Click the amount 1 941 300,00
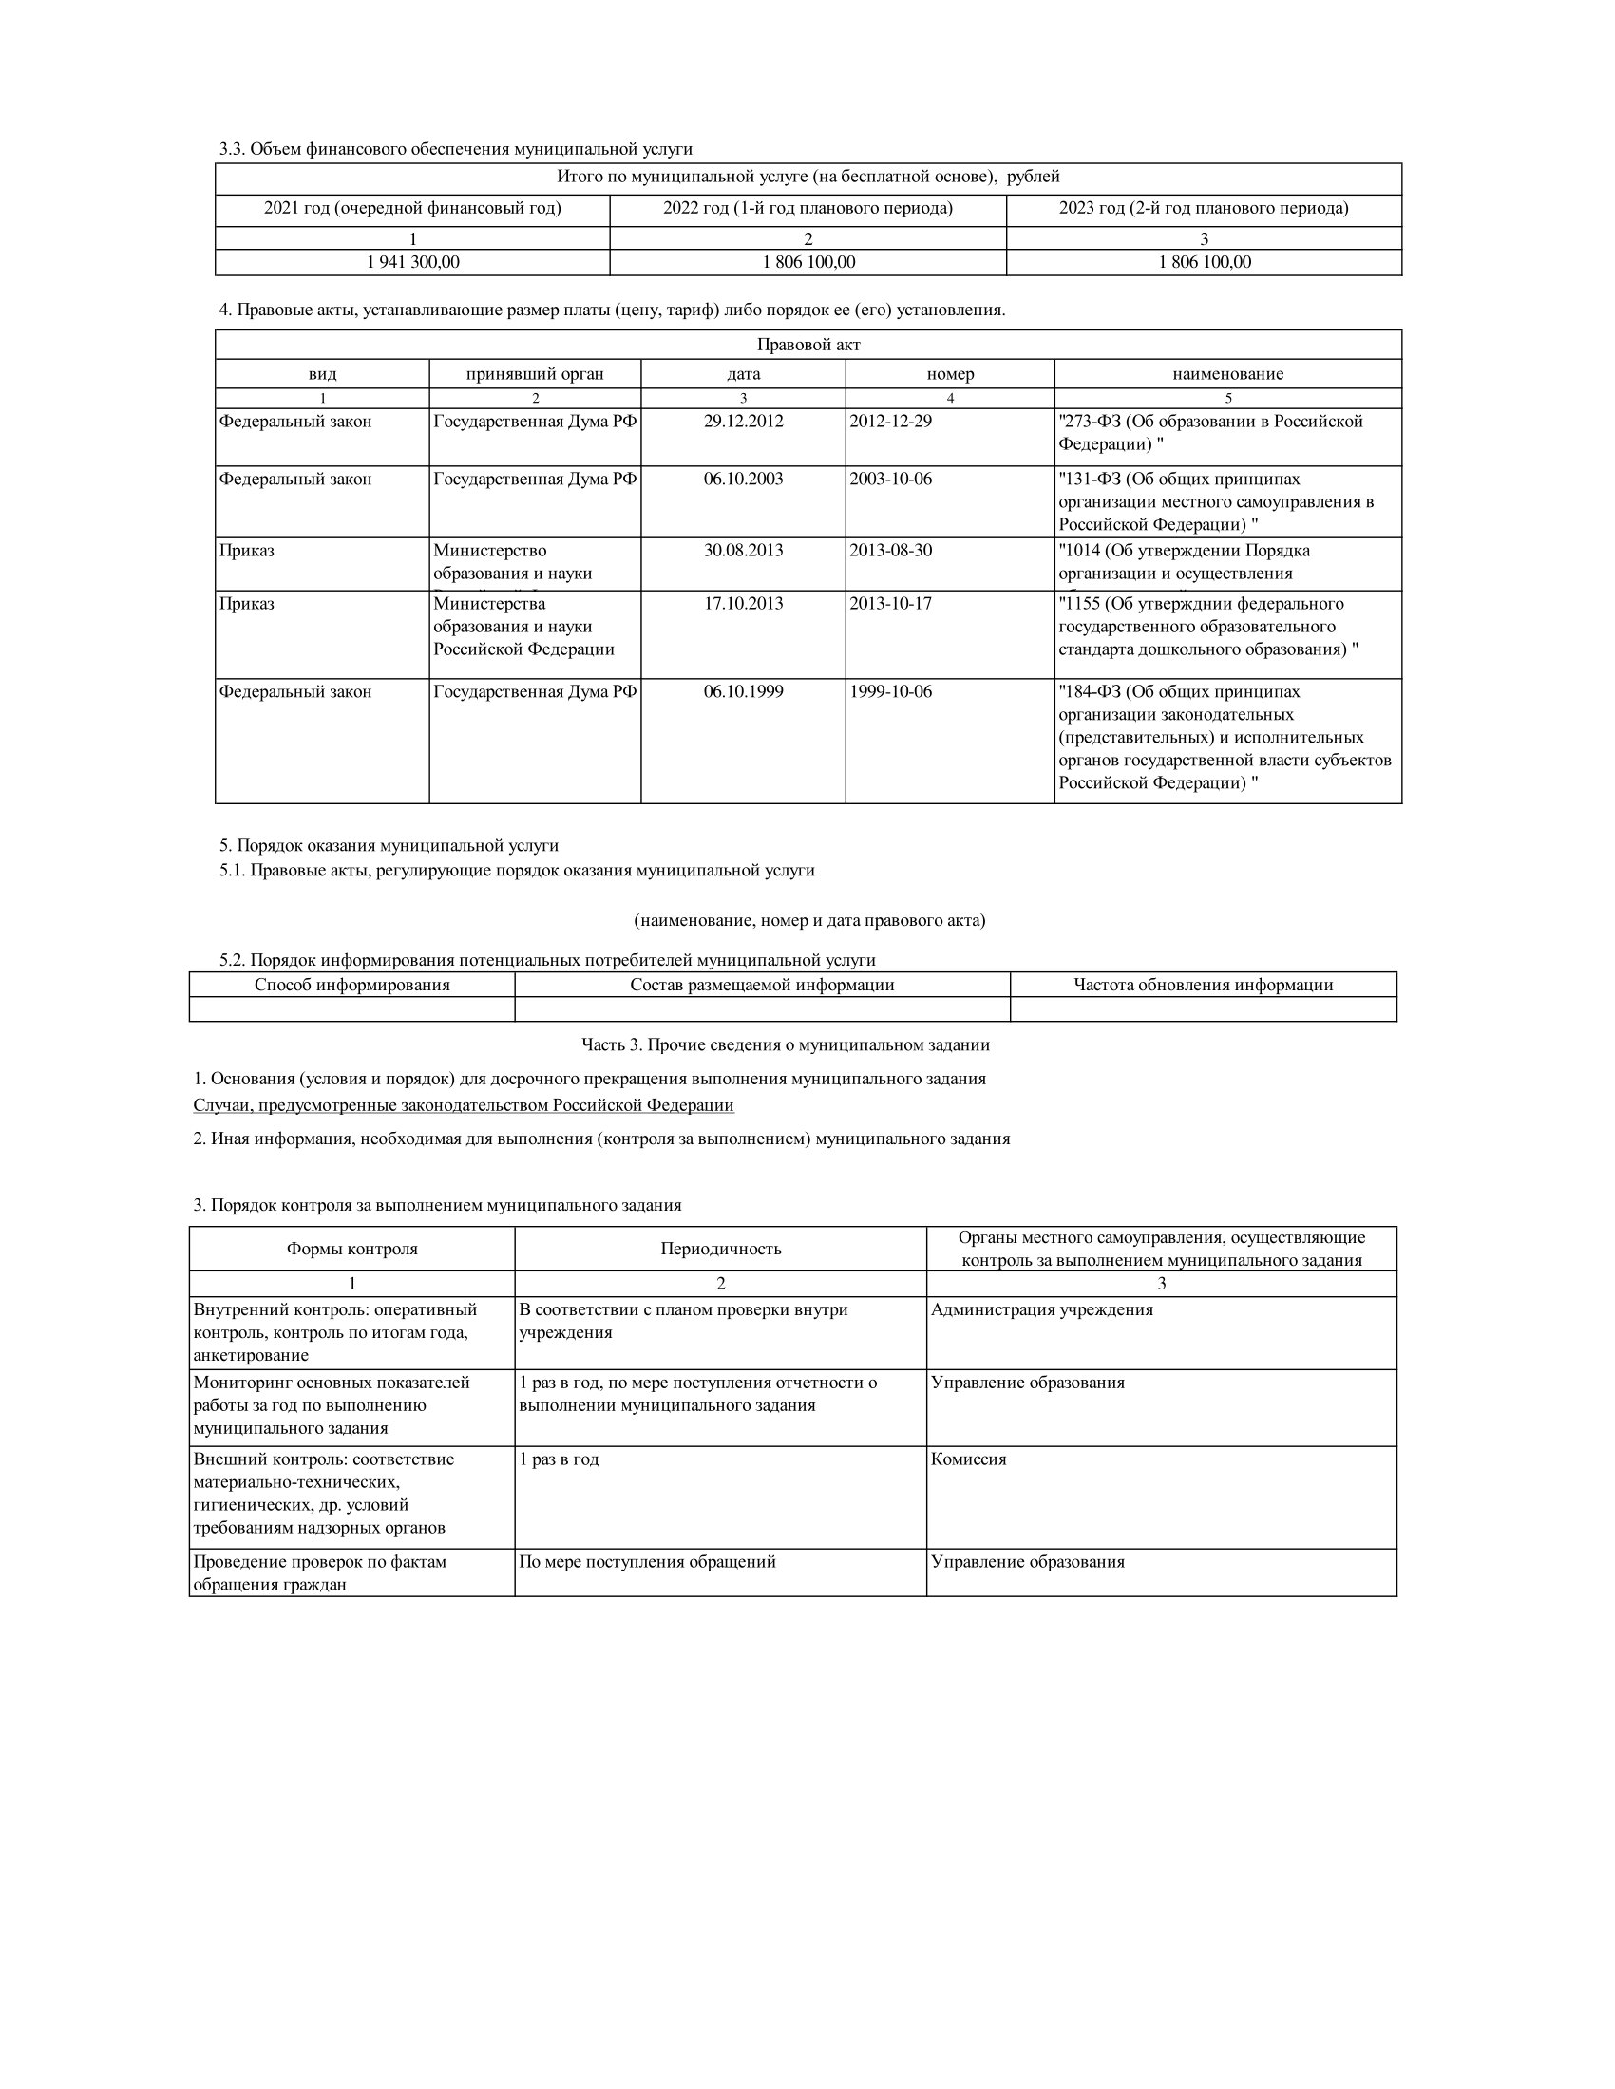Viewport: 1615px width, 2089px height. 412,262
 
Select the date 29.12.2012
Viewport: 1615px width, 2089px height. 744,421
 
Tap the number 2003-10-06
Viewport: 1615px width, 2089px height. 890,479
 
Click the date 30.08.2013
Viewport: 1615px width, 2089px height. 744,550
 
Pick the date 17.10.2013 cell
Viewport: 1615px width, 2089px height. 744,604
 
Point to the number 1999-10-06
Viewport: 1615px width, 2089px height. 890,691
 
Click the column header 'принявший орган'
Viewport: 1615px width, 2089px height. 535,374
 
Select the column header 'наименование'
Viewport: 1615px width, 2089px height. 1227,374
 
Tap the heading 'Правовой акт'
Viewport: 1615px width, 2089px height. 808,345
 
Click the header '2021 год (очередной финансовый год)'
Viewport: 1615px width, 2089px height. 412,209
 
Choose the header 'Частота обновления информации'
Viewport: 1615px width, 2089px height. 1203,985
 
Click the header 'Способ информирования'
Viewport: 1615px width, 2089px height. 352,985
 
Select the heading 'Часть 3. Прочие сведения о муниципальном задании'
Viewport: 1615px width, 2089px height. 786,1044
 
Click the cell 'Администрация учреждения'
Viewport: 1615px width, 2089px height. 1042,1309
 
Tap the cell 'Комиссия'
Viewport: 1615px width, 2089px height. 968,1459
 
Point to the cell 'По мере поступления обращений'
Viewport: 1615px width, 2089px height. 647,1561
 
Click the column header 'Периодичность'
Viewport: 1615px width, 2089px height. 720,1249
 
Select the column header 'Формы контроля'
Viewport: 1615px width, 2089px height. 352,1249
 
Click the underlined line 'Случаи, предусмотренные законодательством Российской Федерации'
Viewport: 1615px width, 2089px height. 464,1104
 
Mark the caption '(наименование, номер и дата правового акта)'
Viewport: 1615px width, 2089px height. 808,920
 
